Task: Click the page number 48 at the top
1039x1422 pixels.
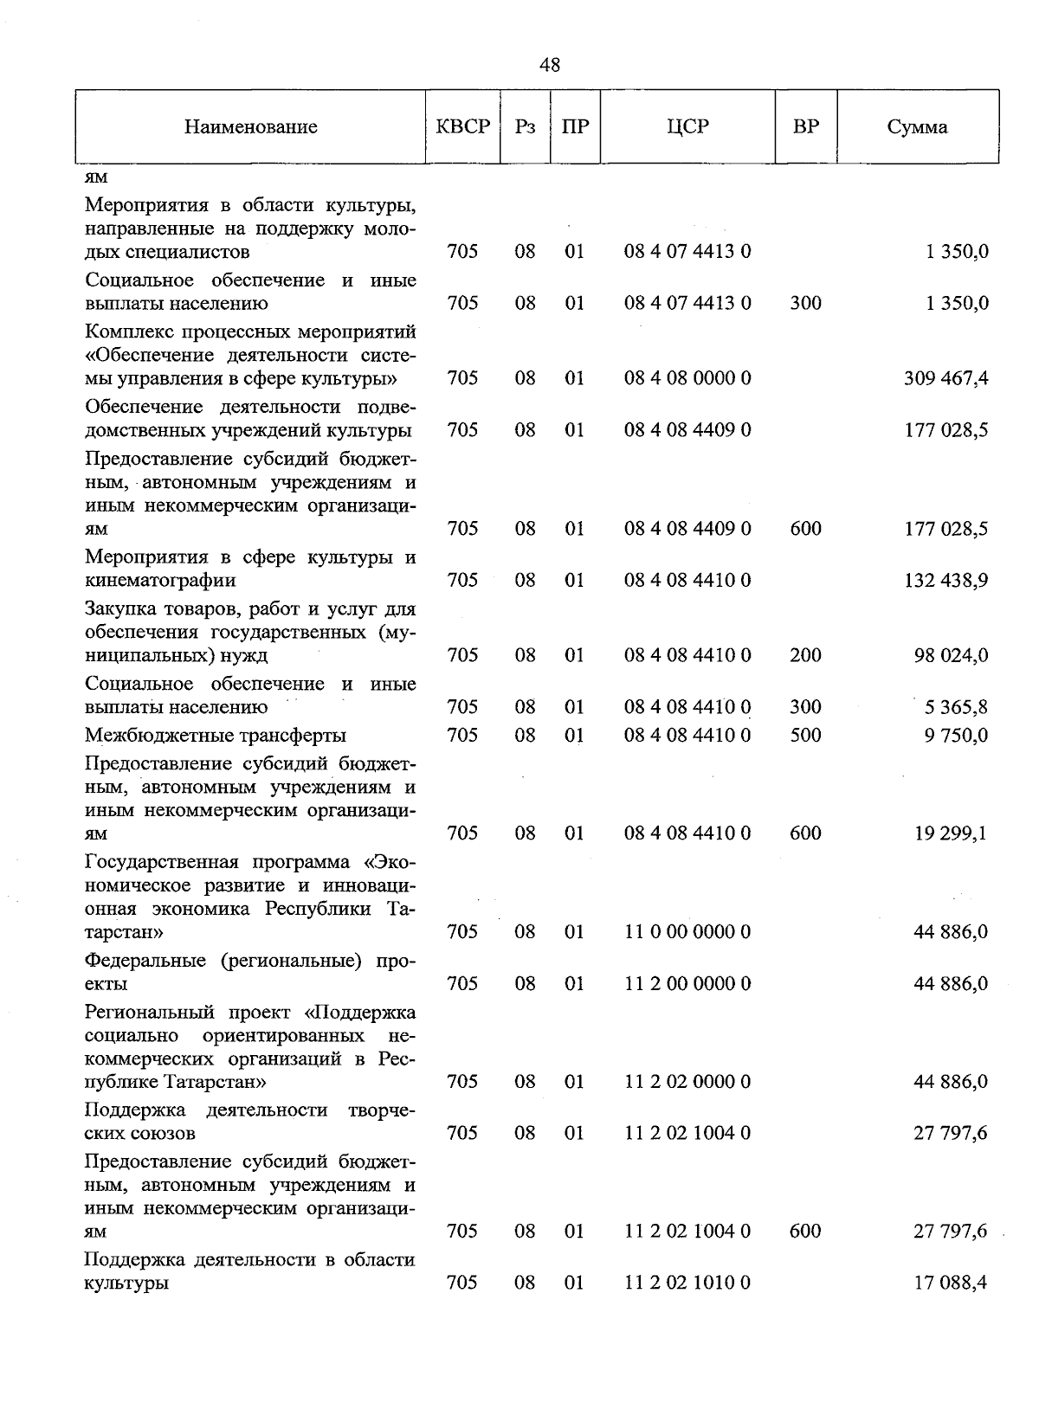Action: [x=549, y=65]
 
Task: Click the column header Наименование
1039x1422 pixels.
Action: [x=250, y=127]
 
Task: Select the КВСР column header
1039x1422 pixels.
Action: [x=463, y=126]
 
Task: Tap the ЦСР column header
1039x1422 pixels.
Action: [x=687, y=126]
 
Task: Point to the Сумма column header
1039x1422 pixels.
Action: [x=917, y=127]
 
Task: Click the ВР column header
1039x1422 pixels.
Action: [x=805, y=126]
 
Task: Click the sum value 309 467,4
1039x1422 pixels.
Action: [x=946, y=378]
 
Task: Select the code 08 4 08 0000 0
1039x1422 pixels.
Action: [x=687, y=378]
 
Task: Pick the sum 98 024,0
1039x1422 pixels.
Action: [x=951, y=655]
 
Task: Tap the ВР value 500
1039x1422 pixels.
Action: [x=805, y=735]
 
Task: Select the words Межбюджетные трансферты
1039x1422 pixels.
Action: [x=216, y=736]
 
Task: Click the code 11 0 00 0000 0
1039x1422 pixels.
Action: [x=687, y=932]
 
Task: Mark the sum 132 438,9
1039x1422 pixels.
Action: [x=946, y=580]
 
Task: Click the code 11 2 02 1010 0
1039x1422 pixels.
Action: [x=687, y=1283]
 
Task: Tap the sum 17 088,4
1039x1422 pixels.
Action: [x=951, y=1283]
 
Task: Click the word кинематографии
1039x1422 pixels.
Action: [x=160, y=580]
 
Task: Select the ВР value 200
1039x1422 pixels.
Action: [x=805, y=655]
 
